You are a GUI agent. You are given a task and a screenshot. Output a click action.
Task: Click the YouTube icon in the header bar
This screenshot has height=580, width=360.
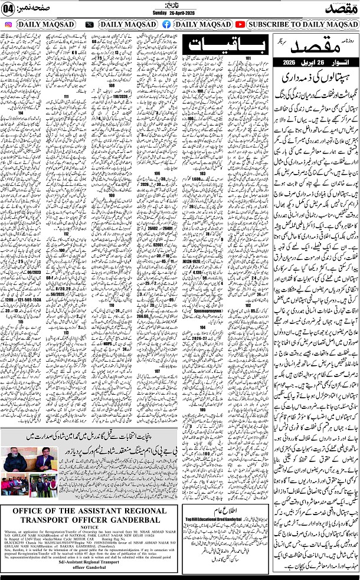click(x=240, y=25)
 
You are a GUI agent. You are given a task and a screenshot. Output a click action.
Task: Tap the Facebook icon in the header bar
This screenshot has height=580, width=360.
click(x=166, y=25)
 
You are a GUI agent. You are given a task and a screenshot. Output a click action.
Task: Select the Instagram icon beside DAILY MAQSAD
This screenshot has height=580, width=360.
click(x=8, y=25)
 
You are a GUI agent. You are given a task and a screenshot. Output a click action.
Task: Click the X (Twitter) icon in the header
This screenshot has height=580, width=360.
click(x=89, y=25)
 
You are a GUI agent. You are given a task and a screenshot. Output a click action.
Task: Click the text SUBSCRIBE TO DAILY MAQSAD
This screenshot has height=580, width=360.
click(x=300, y=25)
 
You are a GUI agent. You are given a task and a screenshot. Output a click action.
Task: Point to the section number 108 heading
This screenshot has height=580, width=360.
click(x=112, y=85)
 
